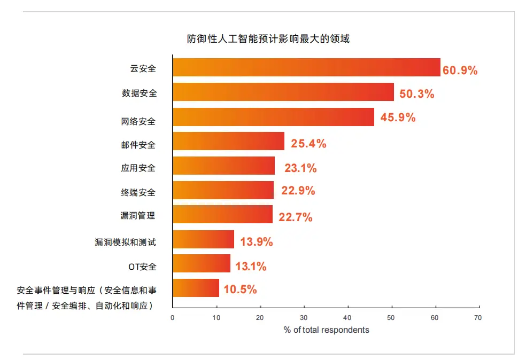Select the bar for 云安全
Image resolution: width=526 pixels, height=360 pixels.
(306, 68)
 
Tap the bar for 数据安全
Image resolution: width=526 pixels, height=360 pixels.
(283, 92)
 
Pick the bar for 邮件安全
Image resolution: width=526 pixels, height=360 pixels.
(228, 142)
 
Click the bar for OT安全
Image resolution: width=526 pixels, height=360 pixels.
(201, 264)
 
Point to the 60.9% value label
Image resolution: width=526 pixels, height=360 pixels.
(460, 70)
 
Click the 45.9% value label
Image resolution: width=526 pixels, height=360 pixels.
(398, 118)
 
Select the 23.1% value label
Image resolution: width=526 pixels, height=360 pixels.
(300, 168)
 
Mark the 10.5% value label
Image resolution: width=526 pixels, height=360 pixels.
(240, 289)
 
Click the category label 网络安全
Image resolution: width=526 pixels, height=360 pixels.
(138, 121)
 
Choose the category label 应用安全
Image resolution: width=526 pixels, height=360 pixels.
(138, 168)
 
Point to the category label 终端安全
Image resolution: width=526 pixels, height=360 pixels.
(138, 192)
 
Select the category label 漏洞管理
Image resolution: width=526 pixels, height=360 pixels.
(138, 216)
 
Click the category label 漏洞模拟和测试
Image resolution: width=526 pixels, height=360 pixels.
(126, 242)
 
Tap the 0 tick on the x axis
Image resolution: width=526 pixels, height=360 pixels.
(173, 317)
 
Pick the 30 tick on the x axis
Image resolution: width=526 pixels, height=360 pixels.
(304, 317)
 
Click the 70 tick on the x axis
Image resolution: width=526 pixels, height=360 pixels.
(478, 317)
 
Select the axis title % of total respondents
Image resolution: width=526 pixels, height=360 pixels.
(326, 330)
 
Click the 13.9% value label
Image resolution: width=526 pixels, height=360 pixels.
(256, 241)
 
